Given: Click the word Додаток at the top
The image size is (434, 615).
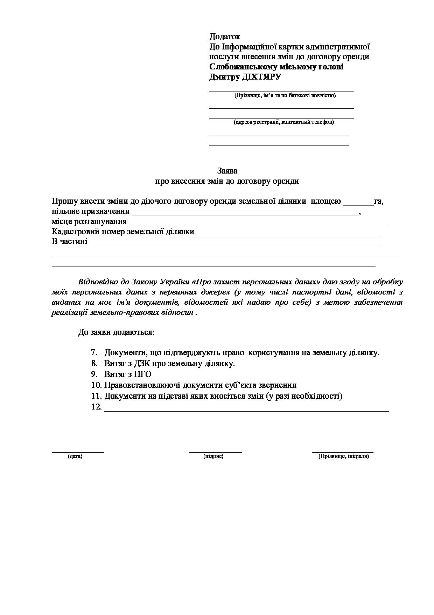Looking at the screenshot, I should click(x=224, y=36).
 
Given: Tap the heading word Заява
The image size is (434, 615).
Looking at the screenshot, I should click(x=227, y=171).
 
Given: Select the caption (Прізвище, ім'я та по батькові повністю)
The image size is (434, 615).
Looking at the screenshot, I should click(x=285, y=95).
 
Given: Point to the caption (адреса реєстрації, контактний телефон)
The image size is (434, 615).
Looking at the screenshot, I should click(x=283, y=122).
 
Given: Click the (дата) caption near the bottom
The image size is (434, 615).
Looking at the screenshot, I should click(x=75, y=456).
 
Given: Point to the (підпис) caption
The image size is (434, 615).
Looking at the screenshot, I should click(x=213, y=456).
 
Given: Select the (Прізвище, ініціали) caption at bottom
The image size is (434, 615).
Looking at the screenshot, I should click(x=343, y=456).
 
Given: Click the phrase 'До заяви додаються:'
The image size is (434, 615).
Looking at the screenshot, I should click(x=116, y=332).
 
